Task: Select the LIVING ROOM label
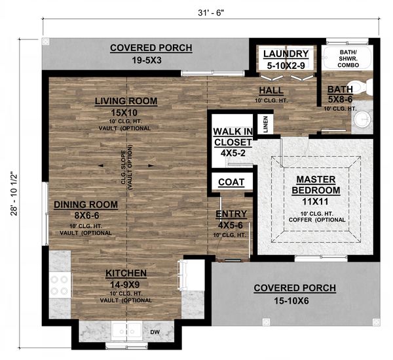pyautogui.click(x=126, y=101)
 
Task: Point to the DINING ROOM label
pyautogui.click(x=86, y=205)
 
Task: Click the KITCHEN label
pyautogui.click(x=128, y=273)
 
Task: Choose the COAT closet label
pyautogui.click(x=231, y=182)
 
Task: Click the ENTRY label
pyautogui.click(x=231, y=214)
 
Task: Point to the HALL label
pyautogui.click(x=271, y=90)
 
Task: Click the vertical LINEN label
pyautogui.click(x=265, y=125)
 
